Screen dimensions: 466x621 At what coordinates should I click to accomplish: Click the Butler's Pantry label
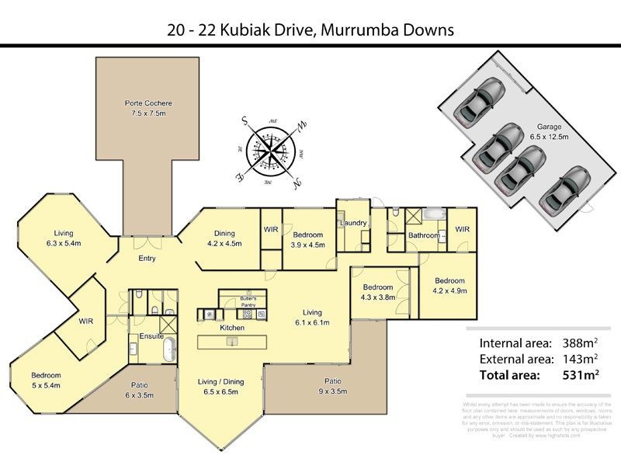tap(248, 302)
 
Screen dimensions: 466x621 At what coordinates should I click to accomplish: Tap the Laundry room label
tap(352, 224)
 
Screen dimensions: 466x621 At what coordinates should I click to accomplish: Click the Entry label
tap(147, 259)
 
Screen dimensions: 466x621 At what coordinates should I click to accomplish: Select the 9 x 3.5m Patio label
tap(333, 386)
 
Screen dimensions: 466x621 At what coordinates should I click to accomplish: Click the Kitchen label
tap(232, 328)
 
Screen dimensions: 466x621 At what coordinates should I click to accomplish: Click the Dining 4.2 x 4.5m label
tap(224, 238)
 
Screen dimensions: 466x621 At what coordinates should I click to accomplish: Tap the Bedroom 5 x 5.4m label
tap(47, 380)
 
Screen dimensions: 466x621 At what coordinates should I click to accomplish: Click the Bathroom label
tap(425, 235)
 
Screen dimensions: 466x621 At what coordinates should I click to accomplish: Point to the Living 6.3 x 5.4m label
tap(63, 238)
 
